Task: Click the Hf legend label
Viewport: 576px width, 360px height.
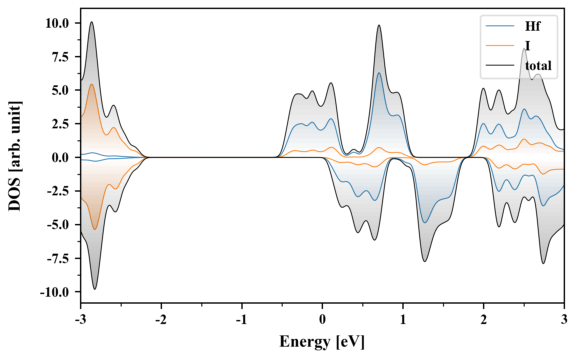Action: pos(532,26)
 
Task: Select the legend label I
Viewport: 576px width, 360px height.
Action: pos(527,46)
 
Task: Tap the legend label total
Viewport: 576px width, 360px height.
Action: pos(538,66)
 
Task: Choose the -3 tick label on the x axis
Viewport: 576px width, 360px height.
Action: pos(80,320)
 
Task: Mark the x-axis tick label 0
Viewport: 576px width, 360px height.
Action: pos(322,320)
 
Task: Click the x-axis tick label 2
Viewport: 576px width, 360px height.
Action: pos(483,320)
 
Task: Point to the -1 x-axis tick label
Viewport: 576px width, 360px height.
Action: pos(241,320)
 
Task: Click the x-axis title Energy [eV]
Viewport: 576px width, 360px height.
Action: pos(322,341)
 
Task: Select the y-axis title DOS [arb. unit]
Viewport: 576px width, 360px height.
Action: pos(15,156)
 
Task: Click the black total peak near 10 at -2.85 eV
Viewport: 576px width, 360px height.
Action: pos(92,22)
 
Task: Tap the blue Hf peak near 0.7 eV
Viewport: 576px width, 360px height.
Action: pos(379,73)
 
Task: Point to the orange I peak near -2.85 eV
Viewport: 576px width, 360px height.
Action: pos(92,84)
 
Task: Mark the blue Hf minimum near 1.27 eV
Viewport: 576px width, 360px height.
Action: pos(425,222)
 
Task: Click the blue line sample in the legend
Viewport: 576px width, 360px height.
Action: pos(500,26)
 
